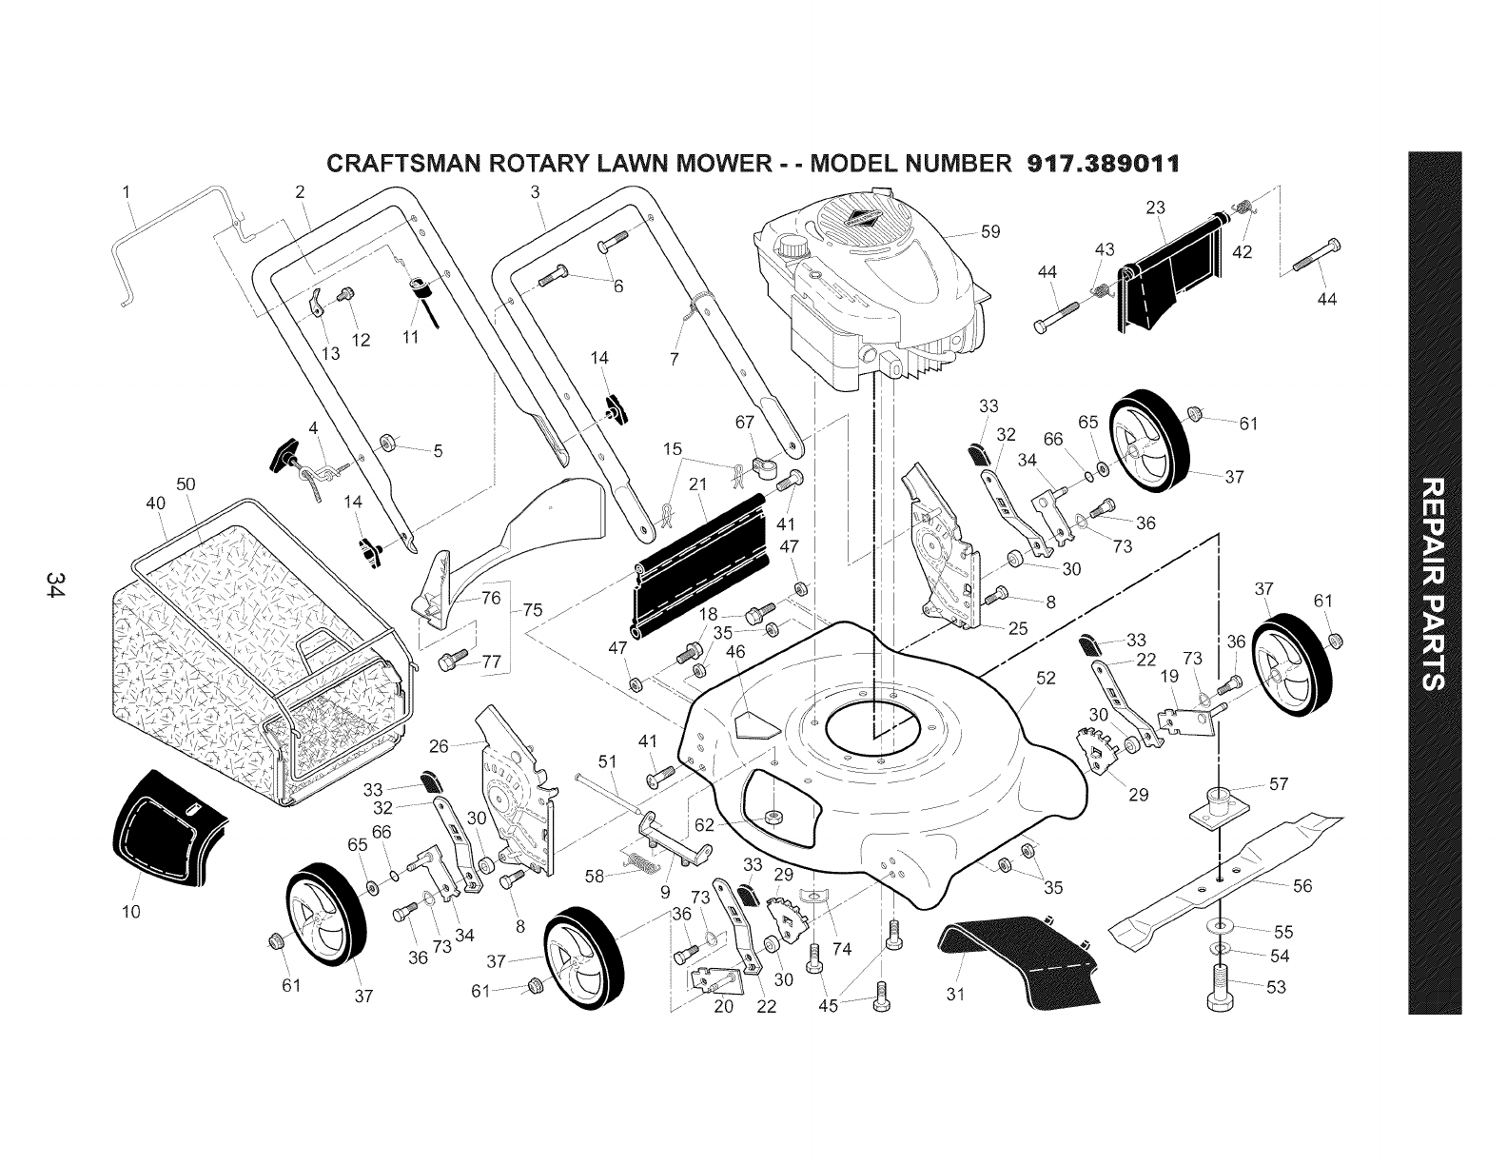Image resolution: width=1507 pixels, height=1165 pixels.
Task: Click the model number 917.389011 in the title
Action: pos(1104,164)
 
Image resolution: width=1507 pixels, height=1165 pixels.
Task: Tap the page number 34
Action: pos(56,584)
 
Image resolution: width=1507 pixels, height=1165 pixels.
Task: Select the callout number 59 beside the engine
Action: pos(990,231)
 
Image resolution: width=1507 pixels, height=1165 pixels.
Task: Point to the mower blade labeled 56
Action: pos(1225,875)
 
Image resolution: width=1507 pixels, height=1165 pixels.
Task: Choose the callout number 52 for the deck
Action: pos(1046,678)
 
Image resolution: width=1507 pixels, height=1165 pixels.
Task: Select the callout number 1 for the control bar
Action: pos(127,192)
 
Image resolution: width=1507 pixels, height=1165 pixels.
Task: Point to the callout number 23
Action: pos(1155,207)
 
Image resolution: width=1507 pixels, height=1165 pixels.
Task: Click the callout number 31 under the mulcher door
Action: pos(955,995)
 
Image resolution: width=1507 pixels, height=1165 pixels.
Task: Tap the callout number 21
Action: pos(697,484)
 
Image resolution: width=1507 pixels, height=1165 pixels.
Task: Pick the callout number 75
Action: pos(533,610)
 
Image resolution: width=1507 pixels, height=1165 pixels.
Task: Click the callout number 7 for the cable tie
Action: pos(675,360)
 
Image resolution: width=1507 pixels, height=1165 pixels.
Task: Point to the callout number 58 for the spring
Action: pos(595,877)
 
